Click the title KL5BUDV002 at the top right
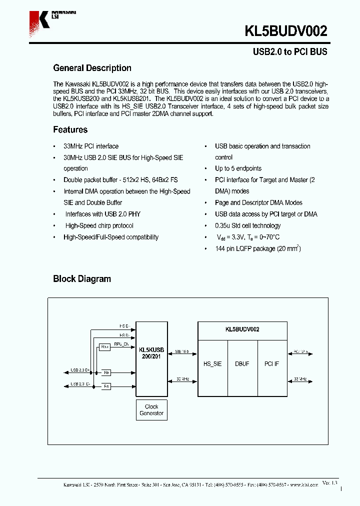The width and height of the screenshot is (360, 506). click(285, 31)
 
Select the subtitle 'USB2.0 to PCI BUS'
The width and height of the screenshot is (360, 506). click(289, 52)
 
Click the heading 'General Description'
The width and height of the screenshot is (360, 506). click(92, 68)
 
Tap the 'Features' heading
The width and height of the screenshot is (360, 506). click(70, 129)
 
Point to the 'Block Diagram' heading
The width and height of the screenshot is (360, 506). click(82, 278)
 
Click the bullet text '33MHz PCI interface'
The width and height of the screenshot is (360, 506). click(91, 146)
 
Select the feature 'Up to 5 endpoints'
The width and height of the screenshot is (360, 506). click(238, 168)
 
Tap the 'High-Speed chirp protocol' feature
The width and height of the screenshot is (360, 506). click(99, 225)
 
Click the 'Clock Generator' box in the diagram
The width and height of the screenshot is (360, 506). click(151, 410)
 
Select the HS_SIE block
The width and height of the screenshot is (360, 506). click(213, 364)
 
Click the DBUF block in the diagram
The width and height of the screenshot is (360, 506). click(242, 364)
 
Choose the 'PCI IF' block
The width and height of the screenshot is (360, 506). click(272, 364)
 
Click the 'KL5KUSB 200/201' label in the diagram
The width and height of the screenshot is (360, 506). click(151, 353)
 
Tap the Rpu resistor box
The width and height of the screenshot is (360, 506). click(104, 347)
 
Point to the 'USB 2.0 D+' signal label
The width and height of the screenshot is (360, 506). click(80, 370)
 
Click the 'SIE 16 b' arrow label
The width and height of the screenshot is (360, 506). click(182, 351)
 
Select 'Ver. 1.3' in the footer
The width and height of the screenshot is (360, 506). click(330, 483)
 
